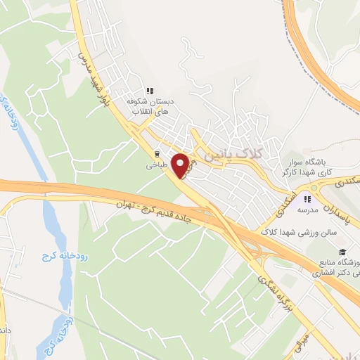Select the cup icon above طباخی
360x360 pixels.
pyautogui.click(x=156, y=154)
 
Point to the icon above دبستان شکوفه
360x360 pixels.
pyautogui.click(x=149, y=91)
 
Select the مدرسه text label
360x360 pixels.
pyautogui.click(x=307, y=210)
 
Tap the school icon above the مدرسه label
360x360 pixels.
pyautogui.click(x=307, y=198)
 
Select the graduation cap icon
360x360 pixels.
pyautogui.click(x=342, y=252)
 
